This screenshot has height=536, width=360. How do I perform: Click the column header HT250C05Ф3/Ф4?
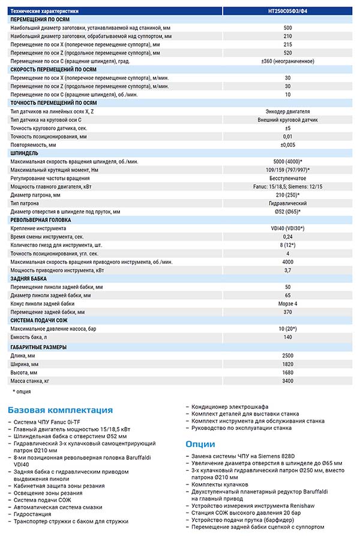coord(288,11)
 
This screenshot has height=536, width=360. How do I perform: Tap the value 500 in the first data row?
coord(288,28)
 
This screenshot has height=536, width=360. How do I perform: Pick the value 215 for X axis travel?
coord(288,44)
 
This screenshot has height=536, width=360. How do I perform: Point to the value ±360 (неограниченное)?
coord(288,61)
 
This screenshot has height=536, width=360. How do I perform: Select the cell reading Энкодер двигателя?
coord(288,112)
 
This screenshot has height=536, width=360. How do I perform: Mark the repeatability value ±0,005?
coord(288,145)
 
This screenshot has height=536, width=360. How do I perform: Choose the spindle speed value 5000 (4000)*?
coord(288,162)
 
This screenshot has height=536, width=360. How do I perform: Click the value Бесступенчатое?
coord(288,179)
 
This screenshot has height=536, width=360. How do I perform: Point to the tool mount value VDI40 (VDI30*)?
coord(288,228)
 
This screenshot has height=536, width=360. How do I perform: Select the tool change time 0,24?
coord(288,237)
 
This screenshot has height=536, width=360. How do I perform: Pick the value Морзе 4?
coord(288,303)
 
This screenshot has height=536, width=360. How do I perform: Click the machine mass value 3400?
coord(288,381)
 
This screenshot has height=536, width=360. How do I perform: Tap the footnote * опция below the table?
coord(23,392)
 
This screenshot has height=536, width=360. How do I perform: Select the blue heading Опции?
coord(200,444)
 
